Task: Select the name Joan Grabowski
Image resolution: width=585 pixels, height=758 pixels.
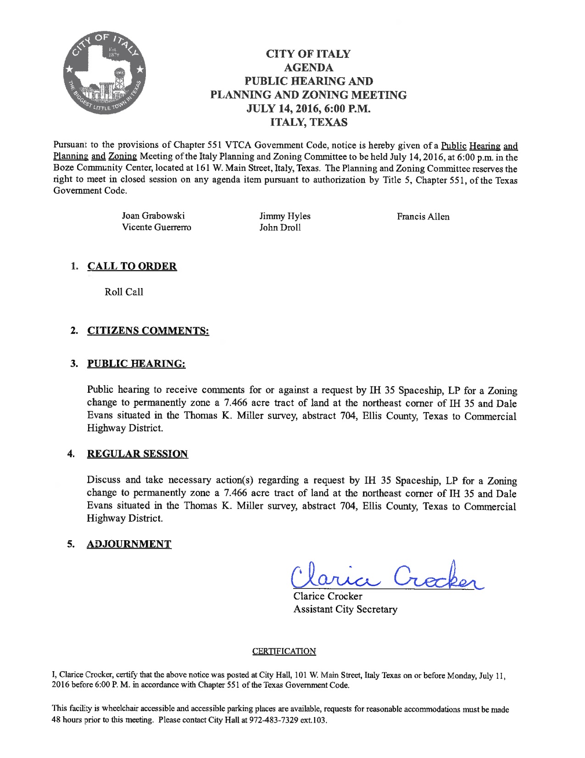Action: point(153,216)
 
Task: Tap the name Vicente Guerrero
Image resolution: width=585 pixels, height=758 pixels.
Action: point(156,227)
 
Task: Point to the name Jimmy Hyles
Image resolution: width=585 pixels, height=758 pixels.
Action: point(284,216)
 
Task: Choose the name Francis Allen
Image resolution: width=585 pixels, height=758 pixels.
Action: point(423,216)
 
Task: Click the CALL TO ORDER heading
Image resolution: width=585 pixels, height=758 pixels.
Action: point(132,266)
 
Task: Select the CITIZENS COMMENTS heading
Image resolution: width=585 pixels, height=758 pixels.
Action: point(148,331)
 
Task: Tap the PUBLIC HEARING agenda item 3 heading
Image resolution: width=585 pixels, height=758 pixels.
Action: point(136,364)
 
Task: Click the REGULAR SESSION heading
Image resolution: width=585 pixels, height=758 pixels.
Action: point(137,454)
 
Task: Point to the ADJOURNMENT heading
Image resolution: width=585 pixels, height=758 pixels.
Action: point(129,544)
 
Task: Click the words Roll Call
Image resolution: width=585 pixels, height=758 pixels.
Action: point(124,292)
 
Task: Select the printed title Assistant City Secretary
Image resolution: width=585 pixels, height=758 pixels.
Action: point(345,610)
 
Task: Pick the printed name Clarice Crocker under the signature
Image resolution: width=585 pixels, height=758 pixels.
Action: point(328,596)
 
